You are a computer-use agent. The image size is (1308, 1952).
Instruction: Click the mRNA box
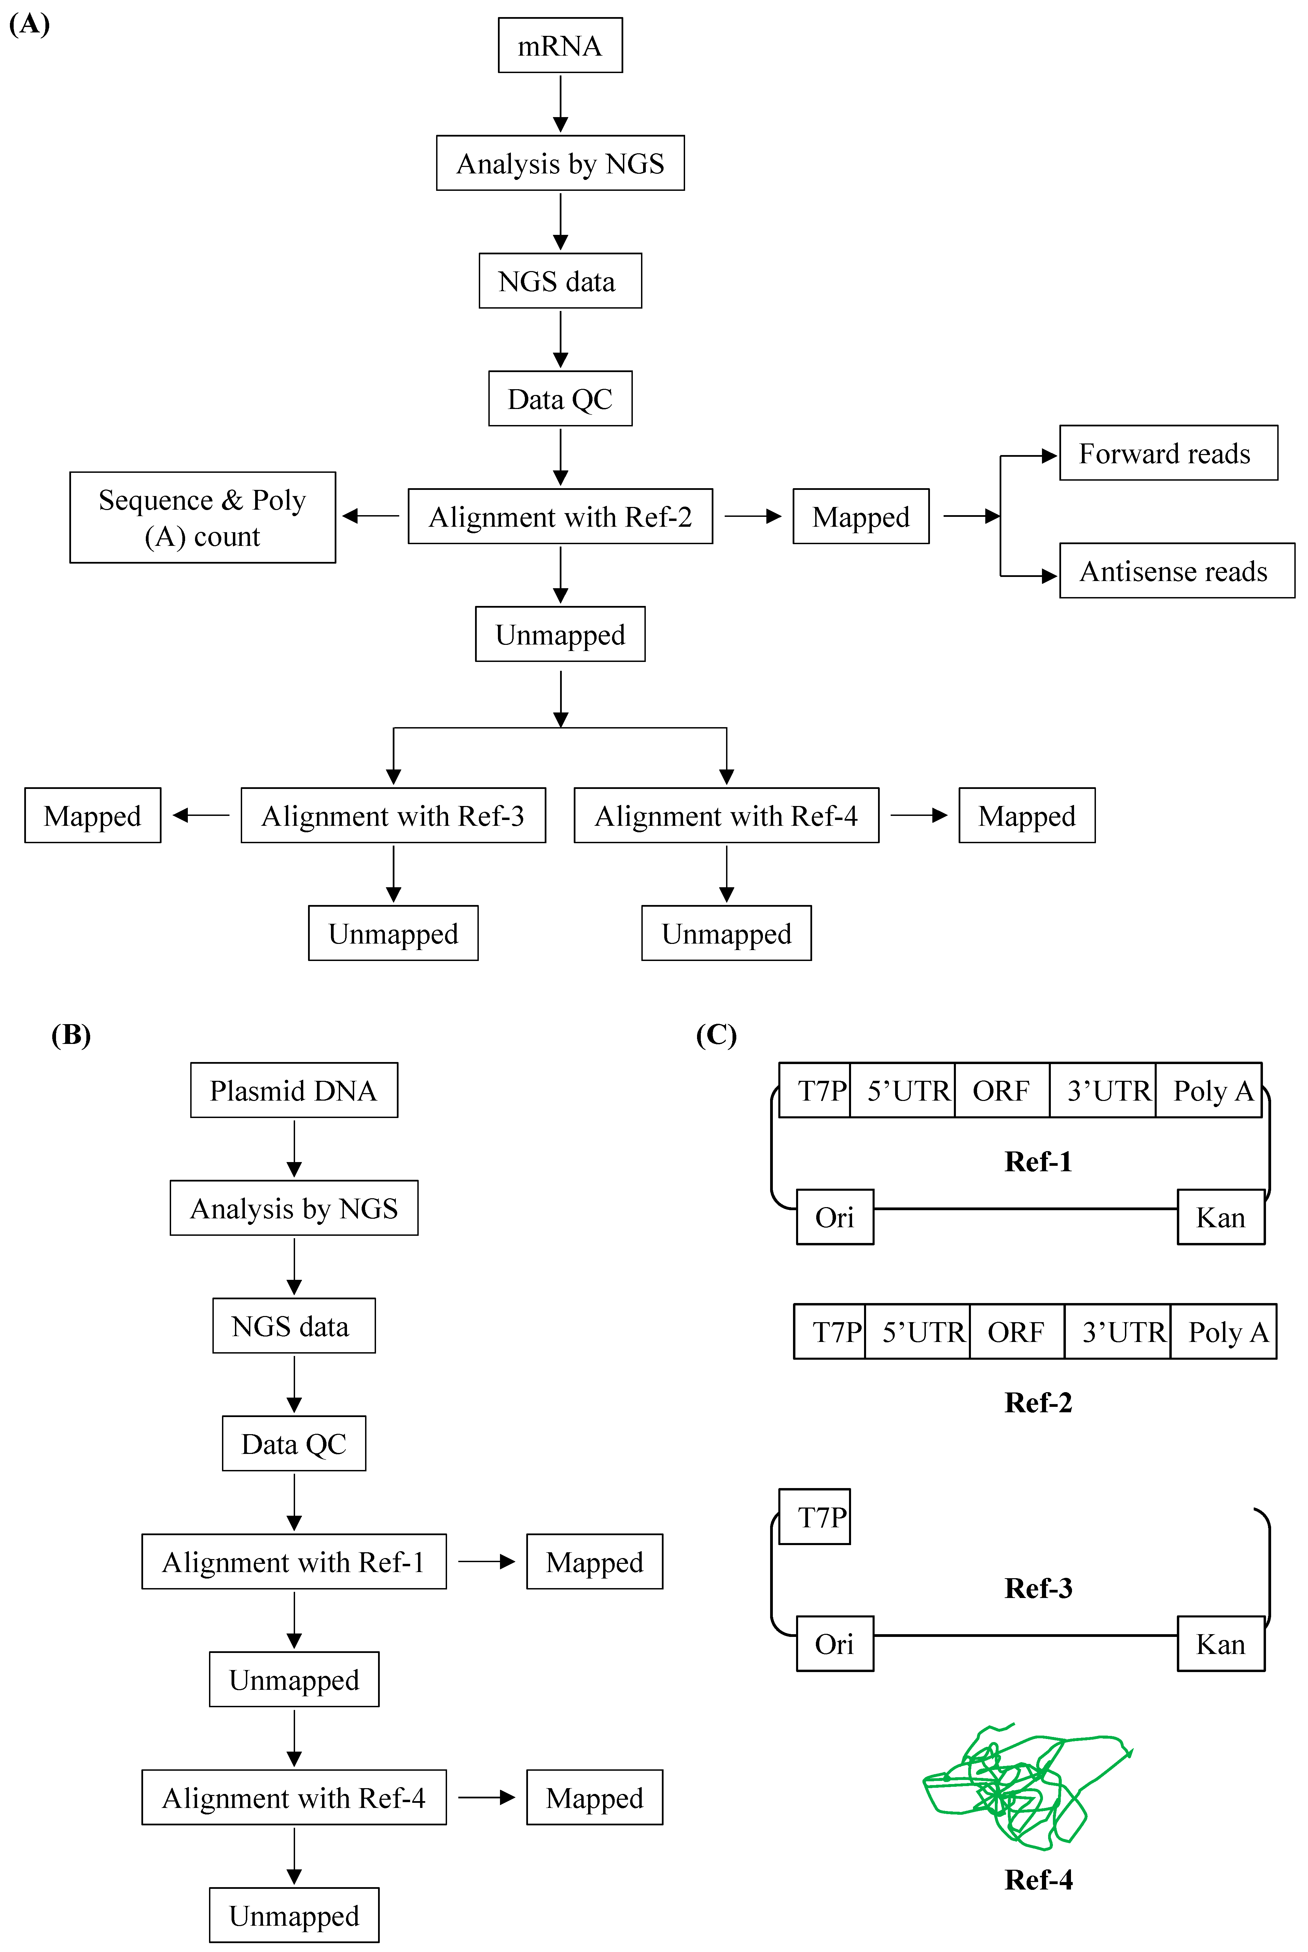[560, 46]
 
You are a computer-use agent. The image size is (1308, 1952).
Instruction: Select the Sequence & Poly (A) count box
[203, 518]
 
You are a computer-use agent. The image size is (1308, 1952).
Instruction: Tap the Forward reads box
[1168, 454]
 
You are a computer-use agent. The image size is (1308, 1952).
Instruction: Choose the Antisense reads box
[1176, 571]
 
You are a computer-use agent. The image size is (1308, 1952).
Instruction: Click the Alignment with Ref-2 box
[560, 517]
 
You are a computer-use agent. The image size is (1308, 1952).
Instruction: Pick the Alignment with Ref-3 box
[393, 816]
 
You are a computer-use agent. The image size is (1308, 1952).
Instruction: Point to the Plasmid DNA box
[294, 1091]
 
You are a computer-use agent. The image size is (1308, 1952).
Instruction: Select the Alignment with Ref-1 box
[294, 1562]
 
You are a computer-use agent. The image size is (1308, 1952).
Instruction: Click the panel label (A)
[29, 24]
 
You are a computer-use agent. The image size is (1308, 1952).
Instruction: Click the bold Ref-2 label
[1038, 1402]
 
